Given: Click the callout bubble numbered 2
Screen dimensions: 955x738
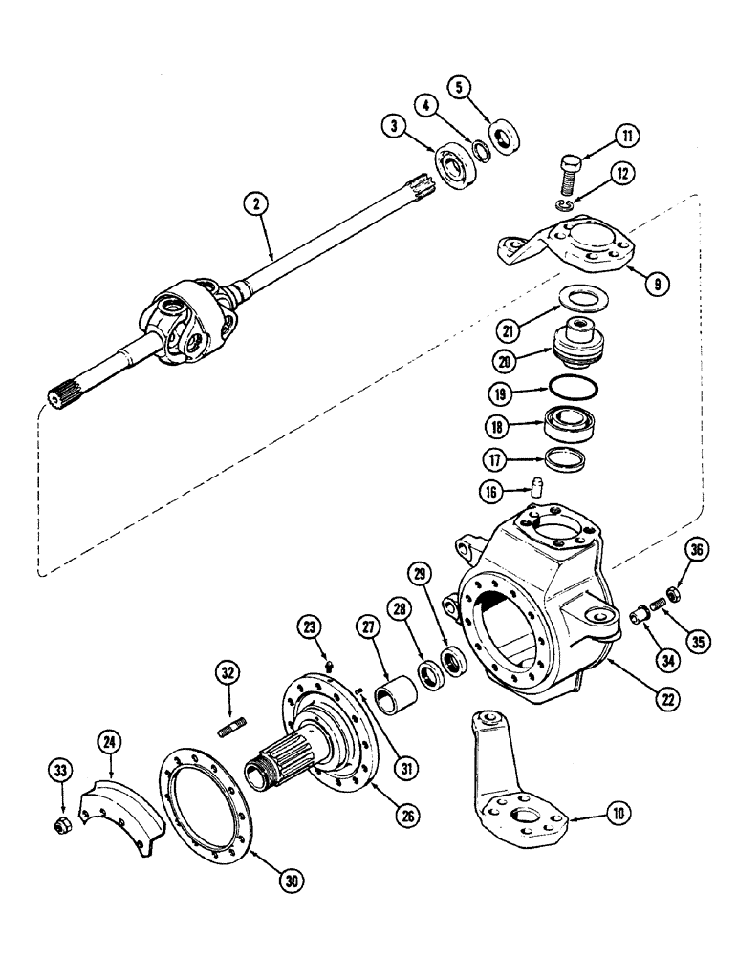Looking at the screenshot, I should [254, 202].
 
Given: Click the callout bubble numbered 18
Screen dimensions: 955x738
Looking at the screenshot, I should [499, 426].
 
